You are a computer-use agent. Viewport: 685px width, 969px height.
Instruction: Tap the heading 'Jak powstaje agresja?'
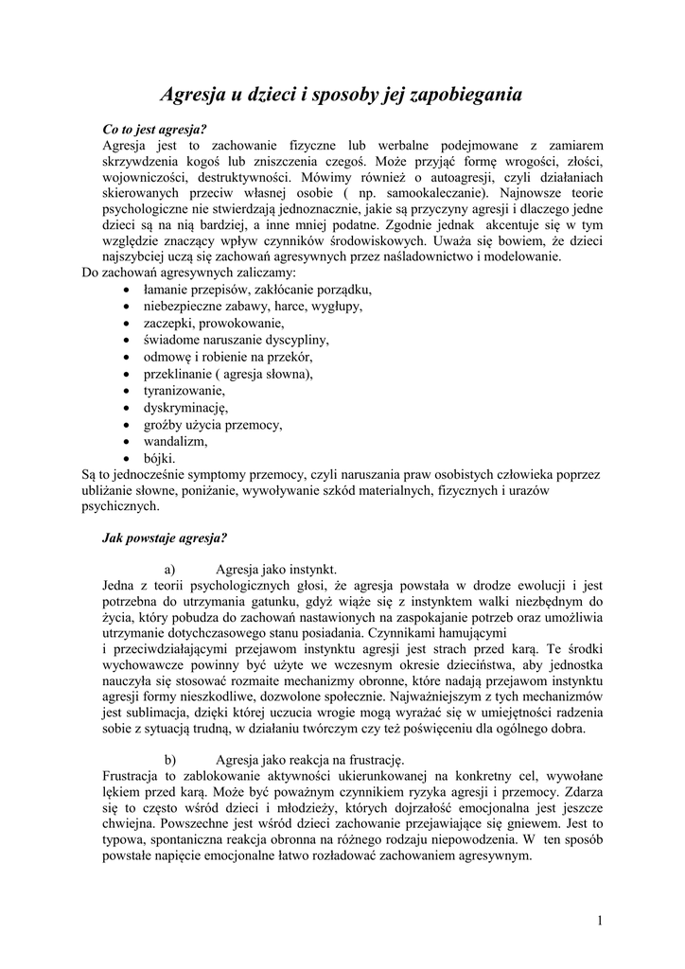point(164,538)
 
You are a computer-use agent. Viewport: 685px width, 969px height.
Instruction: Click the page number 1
point(600,921)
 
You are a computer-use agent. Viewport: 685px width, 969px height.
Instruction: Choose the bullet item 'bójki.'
point(159,458)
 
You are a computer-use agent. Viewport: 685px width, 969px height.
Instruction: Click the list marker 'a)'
point(170,570)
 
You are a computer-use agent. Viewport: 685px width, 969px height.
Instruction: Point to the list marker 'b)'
point(170,759)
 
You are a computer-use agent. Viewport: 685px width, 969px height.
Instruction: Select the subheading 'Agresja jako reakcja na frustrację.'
point(309,759)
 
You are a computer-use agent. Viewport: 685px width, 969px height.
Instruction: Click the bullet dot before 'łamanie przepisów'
point(128,289)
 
